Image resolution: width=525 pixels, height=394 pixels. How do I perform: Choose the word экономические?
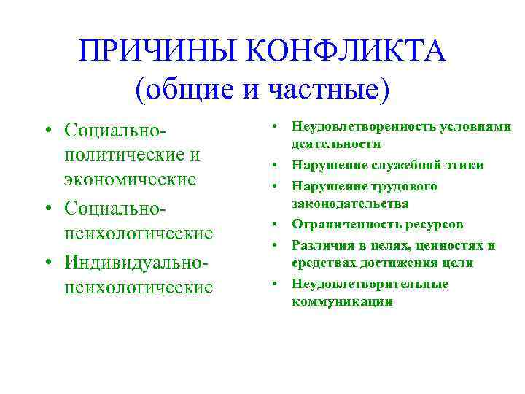tap(131, 179)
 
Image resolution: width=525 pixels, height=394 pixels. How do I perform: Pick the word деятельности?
tap(336, 144)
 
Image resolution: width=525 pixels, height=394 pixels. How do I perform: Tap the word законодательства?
tap(350, 204)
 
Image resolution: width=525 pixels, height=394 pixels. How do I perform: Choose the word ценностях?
tap(448, 244)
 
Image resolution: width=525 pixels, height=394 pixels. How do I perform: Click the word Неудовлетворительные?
tap(370, 283)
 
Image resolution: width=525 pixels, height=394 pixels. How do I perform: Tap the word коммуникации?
tap(341, 301)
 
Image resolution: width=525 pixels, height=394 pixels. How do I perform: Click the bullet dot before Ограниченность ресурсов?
tap(279, 225)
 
